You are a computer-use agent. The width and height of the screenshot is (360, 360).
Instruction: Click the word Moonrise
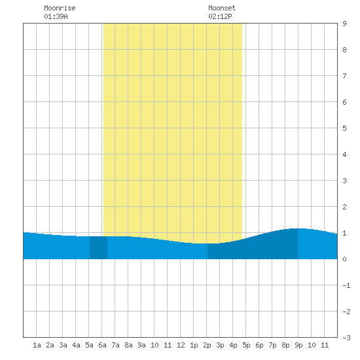(60, 8)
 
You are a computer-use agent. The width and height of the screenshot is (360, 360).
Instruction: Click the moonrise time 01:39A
(56, 16)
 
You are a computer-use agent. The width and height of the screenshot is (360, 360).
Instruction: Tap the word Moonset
(222, 8)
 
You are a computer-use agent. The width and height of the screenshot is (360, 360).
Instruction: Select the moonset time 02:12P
(220, 16)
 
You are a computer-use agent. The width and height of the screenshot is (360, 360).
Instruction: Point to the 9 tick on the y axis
(344, 24)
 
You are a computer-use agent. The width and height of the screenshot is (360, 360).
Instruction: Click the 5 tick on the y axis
(344, 128)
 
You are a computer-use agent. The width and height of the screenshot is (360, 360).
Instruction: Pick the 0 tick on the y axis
(344, 259)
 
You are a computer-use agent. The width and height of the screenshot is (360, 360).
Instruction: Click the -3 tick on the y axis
(346, 338)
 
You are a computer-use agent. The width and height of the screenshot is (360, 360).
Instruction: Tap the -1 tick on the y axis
(346, 285)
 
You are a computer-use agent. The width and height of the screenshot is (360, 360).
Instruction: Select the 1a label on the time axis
(37, 345)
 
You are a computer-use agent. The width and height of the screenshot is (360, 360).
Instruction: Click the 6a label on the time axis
(102, 345)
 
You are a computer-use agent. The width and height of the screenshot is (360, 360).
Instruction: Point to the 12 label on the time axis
(181, 345)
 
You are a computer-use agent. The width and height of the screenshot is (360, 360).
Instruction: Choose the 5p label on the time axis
(246, 345)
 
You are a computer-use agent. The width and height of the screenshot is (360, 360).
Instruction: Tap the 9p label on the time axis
(298, 345)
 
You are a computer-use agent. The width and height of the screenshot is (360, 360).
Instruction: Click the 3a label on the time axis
(63, 345)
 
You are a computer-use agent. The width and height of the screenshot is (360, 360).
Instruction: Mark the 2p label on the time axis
(207, 345)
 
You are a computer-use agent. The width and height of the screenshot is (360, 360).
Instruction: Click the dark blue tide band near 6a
(98, 247)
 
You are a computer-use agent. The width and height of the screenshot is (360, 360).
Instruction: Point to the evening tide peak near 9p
(298, 228)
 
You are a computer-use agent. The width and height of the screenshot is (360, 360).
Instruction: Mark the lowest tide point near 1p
(200, 243)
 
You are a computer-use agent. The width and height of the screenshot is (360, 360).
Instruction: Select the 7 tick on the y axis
(344, 76)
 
